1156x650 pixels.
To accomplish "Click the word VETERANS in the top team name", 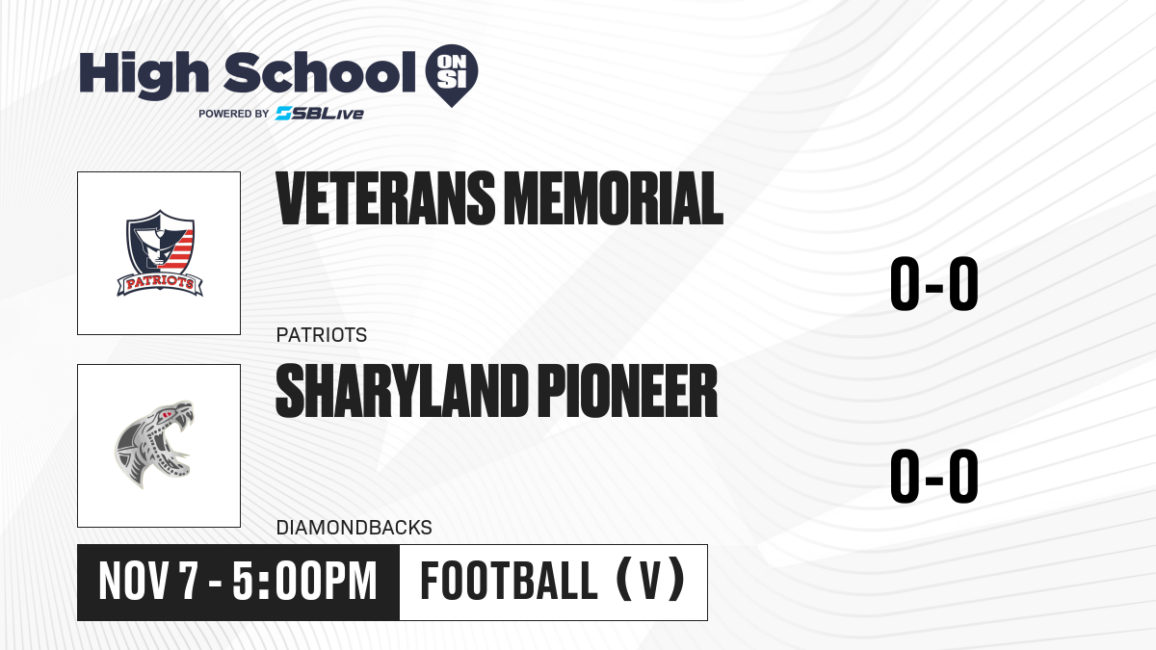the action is [x=385, y=198].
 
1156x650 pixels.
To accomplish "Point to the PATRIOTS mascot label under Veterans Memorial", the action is [x=322, y=335].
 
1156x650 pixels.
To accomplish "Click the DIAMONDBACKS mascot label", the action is [x=355, y=528].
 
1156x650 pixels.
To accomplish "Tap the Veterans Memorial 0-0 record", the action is [x=934, y=284].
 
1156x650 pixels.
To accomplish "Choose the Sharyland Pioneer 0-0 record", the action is [x=934, y=476].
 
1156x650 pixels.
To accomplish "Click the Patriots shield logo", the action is [x=160, y=252].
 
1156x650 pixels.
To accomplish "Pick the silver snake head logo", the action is [x=154, y=445].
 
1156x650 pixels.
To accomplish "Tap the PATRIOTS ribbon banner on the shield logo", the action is [x=160, y=284].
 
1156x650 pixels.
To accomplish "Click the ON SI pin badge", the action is [x=452, y=75].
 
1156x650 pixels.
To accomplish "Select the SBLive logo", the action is [x=320, y=114].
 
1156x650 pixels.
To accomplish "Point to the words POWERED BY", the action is [x=234, y=114].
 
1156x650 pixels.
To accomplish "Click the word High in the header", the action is [x=144, y=75].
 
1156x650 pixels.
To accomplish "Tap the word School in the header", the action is [x=320, y=72].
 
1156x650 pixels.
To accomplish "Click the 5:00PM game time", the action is [x=304, y=582].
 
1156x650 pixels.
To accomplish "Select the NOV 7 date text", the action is [x=148, y=582].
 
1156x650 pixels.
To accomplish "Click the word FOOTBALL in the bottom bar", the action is [x=510, y=582].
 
